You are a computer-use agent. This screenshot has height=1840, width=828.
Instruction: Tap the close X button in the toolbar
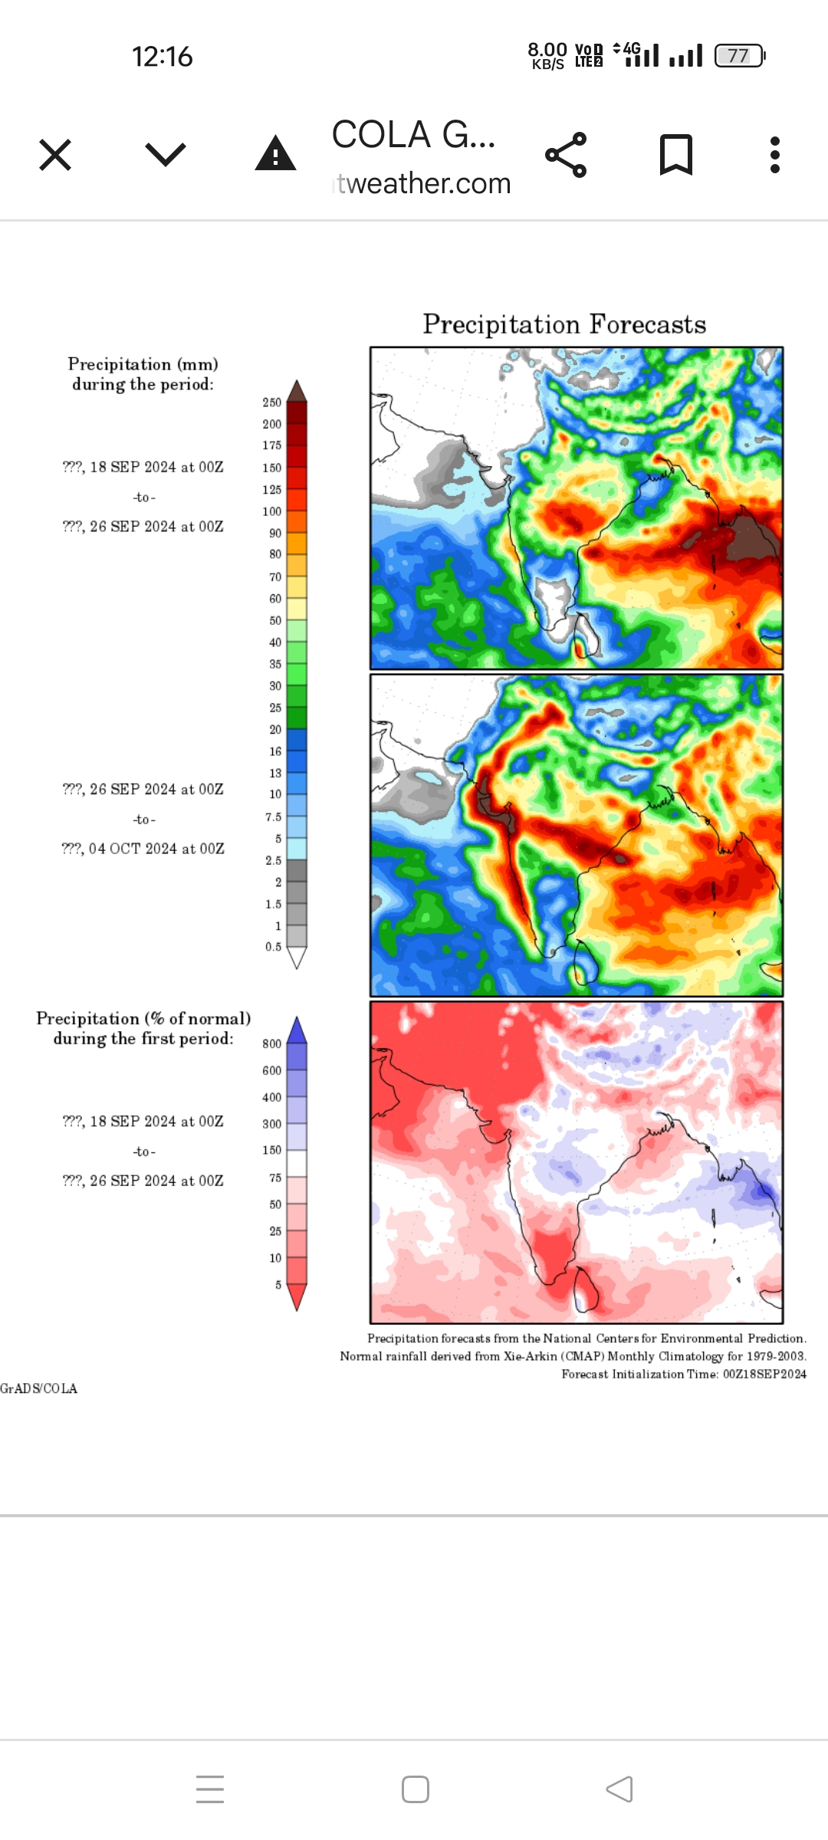[x=55, y=155]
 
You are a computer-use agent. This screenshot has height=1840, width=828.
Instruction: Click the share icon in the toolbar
[x=566, y=155]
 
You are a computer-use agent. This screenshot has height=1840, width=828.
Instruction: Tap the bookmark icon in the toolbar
[x=675, y=155]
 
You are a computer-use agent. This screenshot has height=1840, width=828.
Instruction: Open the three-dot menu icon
[x=775, y=155]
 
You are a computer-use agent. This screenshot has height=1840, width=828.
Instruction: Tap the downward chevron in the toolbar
[x=166, y=155]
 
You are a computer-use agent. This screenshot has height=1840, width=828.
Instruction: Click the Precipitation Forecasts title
[x=564, y=324]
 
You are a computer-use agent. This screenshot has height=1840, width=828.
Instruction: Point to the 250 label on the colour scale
[x=272, y=402]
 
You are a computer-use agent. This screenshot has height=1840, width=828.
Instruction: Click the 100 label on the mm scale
[x=272, y=511]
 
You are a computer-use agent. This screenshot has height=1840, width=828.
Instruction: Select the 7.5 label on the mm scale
[x=274, y=817]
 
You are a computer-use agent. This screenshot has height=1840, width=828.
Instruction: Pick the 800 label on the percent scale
[x=272, y=1044]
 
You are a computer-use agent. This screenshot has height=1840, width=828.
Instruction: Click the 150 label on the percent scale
[x=272, y=1150]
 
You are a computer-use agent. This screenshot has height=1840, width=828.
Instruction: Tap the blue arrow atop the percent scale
[x=297, y=1030]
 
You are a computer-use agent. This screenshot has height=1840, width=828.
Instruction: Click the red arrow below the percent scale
[x=297, y=1297]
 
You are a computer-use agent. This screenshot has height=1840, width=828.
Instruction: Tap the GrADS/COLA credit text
[x=39, y=1388]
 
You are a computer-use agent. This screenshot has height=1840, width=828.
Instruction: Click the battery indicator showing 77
[x=739, y=56]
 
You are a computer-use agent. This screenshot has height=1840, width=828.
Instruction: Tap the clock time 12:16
[x=162, y=57]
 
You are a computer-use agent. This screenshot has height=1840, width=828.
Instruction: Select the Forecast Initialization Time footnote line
[x=684, y=1374]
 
